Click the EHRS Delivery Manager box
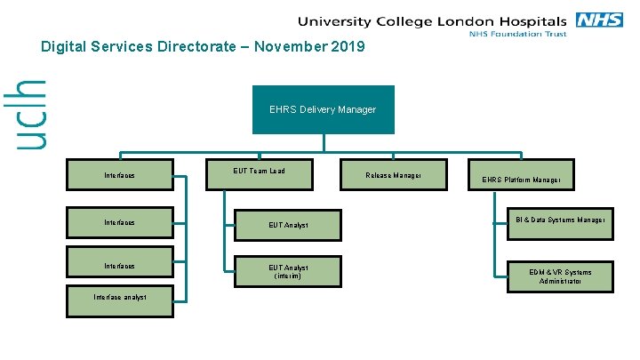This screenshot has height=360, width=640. click(x=323, y=109)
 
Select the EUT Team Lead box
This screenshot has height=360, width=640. click(x=260, y=174)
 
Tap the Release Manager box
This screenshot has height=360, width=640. click(x=393, y=174)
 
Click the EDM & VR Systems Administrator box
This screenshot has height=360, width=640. click(x=561, y=276)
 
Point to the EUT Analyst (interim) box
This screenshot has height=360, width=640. click(x=288, y=272)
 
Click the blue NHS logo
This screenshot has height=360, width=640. click(x=599, y=20)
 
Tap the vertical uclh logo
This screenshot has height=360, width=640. click(x=31, y=113)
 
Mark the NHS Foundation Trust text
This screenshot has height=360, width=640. click(x=518, y=35)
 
